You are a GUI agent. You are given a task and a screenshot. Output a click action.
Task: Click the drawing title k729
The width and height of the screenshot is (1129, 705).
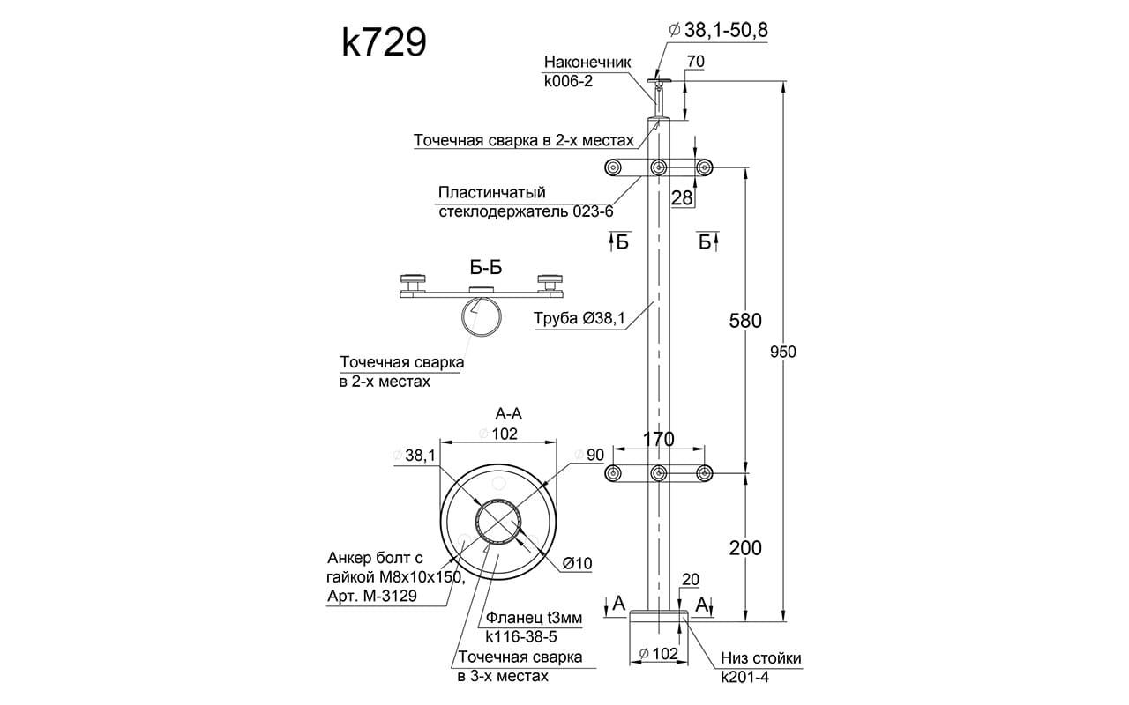[x=385, y=41]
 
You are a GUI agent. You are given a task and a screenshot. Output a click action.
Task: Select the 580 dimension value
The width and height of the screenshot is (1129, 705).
[x=744, y=321]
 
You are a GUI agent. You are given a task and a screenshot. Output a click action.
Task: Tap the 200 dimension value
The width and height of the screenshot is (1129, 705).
[x=745, y=547]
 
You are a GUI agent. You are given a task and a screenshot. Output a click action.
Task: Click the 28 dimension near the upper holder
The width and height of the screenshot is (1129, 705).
[x=682, y=197]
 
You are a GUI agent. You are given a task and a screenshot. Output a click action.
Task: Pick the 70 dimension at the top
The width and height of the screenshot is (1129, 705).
[x=694, y=62]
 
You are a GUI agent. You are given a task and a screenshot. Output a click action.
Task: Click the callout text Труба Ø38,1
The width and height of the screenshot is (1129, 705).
[x=579, y=320]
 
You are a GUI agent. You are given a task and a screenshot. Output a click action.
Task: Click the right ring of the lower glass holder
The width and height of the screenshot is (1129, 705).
[x=704, y=474]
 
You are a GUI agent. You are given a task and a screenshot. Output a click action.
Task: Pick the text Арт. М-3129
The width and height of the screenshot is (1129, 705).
[x=373, y=597]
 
